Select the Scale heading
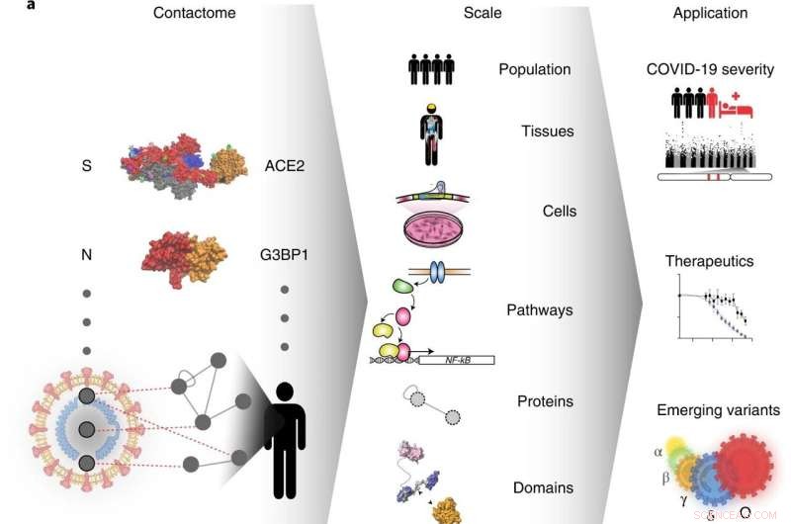(x=483, y=14)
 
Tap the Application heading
(x=710, y=14)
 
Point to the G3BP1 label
(x=288, y=254)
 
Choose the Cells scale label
(x=559, y=211)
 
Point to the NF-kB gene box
(x=456, y=360)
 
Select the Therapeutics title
(x=708, y=262)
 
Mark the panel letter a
(x=7, y=6)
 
